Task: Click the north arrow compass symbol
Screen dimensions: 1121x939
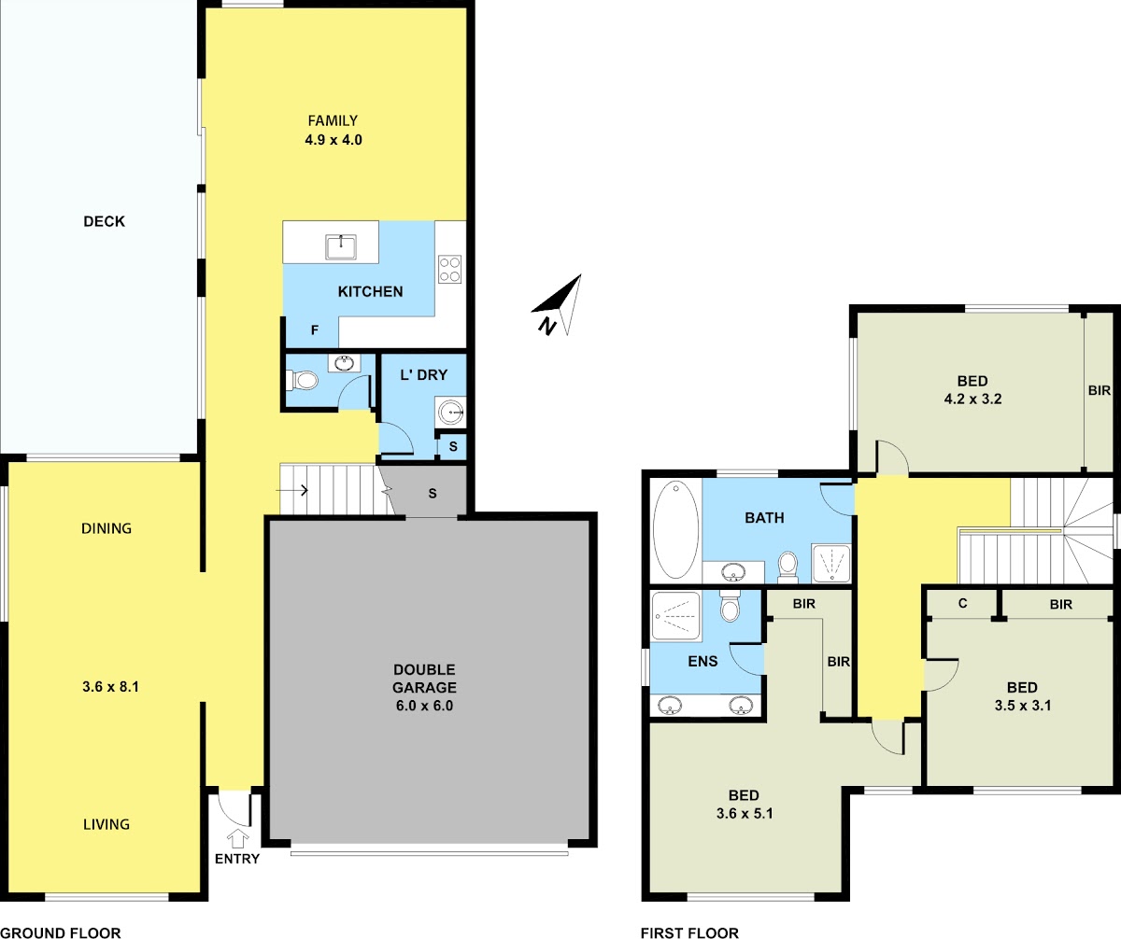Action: click(560, 306)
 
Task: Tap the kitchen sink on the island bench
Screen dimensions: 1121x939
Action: click(340, 246)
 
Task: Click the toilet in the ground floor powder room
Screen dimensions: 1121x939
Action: click(302, 381)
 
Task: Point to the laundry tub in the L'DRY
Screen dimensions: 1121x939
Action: click(451, 412)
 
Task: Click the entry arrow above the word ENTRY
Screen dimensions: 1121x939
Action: click(238, 838)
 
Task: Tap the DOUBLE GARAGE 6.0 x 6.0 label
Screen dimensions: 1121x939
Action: click(424, 687)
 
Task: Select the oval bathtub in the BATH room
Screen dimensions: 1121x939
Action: click(675, 529)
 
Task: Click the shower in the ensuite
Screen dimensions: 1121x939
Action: click(675, 615)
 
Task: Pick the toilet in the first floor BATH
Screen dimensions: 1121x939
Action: click(788, 568)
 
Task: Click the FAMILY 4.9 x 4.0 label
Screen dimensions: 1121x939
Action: click(333, 131)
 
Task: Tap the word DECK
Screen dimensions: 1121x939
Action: click(104, 221)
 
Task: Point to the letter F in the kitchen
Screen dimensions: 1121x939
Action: click(315, 330)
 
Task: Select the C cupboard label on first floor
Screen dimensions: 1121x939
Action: click(962, 604)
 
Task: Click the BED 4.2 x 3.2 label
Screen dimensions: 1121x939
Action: click(972, 390)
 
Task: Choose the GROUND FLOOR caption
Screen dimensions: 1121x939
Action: click(61, 932)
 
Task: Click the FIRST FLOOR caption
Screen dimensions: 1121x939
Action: click(690, 932)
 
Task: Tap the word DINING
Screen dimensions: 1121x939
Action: click(106, 528)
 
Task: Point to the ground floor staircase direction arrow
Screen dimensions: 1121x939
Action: click(291, 490)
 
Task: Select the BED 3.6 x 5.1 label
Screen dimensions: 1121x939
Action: click(745, 804)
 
